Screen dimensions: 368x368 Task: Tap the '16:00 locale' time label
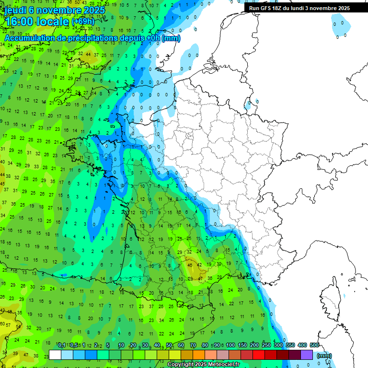tap(36, 22)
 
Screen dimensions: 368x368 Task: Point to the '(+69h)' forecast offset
tap(83, 22)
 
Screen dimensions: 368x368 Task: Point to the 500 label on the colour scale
tap(314, 345)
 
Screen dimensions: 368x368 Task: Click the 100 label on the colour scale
tap(230, 345)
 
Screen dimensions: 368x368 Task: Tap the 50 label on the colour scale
tap(169, 345)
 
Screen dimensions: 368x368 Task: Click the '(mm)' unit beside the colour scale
tap(324, 356)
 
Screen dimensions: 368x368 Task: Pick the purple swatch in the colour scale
tap(307, 355)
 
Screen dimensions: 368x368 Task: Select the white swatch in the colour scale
tap(55, 355)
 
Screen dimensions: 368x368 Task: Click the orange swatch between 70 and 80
tap(199, 355)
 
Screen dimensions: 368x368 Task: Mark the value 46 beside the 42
tap(190, 265)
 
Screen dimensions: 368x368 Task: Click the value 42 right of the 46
tap(199, 265)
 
